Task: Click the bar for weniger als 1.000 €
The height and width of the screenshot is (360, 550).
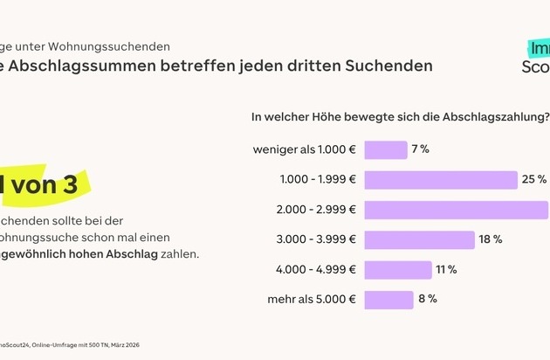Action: (x=386, y=149)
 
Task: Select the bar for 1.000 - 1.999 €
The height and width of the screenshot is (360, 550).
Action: (x=441, y=180)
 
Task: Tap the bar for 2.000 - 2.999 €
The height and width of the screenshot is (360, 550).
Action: (x=457, y=210)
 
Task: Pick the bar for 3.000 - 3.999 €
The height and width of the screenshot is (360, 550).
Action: (x=420, y=239)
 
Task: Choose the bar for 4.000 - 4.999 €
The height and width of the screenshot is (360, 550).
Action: (x=398, y=270)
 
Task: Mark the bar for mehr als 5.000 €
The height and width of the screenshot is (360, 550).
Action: (x=389, y=300)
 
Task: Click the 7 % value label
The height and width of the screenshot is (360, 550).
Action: (x=421, y=149)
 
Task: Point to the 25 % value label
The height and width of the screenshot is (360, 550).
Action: (x=535, y=180)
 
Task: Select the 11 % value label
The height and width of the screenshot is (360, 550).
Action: (x=447, y=270)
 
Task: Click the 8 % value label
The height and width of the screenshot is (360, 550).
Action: (x=428, y=300)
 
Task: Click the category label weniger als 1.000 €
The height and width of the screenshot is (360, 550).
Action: (x=304, y=149)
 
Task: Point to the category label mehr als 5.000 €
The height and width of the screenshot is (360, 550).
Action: (x=311, y=300)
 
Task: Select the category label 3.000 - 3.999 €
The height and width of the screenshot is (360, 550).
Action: (x=315, y=239)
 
